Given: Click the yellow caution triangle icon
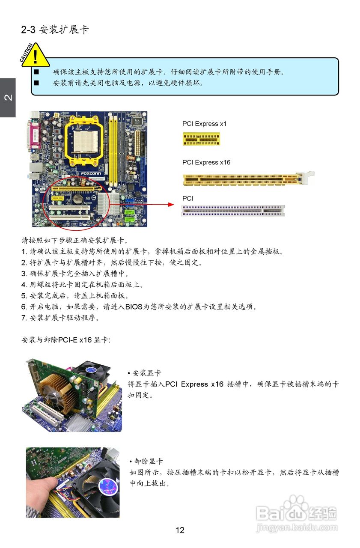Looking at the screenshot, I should click(x=35, y=56).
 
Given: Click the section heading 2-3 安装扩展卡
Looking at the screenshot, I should click(x=55, y=30).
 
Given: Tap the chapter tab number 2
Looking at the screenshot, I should click(x=8, y=98).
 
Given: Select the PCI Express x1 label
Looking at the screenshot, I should click(x=204, y=124).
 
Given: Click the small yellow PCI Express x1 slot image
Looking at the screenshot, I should click(x=201, y=139).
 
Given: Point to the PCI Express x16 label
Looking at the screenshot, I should click(x=206, y=163).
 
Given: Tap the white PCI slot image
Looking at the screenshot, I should click(x=233, y=210).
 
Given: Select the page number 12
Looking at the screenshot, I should click(x=180, y=530).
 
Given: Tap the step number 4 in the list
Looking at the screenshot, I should click(x=24, y=285).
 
